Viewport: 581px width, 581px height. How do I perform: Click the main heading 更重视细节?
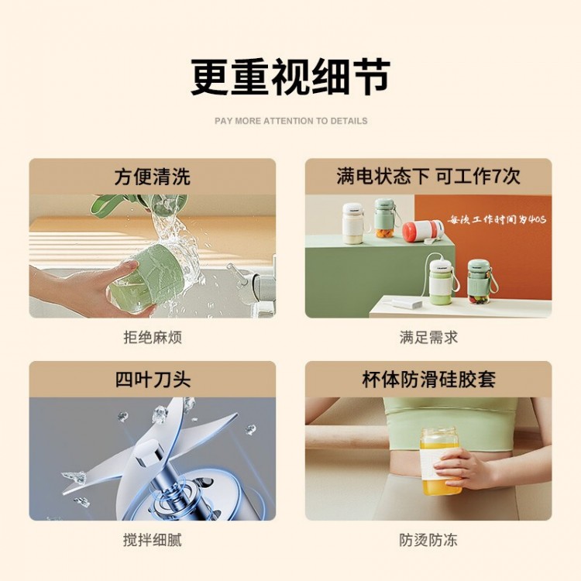[x=290, y=77]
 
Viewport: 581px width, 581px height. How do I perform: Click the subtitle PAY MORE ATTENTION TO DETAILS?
[x=290, y=121]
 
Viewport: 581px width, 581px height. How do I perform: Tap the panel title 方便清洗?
[x=153, y=177]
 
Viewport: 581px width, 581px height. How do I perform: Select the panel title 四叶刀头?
[x=153, y=380]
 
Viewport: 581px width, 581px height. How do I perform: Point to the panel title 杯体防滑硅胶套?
[x=428, y=380]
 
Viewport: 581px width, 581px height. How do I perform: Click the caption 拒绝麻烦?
[x=153, y=338]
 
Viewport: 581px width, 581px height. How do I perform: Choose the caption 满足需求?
[x=428, y=338]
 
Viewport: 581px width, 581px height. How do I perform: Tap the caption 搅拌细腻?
[x=153, y=540]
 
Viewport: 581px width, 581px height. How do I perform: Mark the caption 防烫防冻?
[x=428, y=540]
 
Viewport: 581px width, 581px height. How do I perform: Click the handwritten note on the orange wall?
[x=497, y=220]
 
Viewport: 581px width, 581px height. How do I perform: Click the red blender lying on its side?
[x=423, y=231]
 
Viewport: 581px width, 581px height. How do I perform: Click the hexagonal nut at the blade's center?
[x=149, y=453]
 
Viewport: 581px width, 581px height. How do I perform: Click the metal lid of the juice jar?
[x=438, y=434]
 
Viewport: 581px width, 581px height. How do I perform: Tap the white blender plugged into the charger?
[x=441, y=282]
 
